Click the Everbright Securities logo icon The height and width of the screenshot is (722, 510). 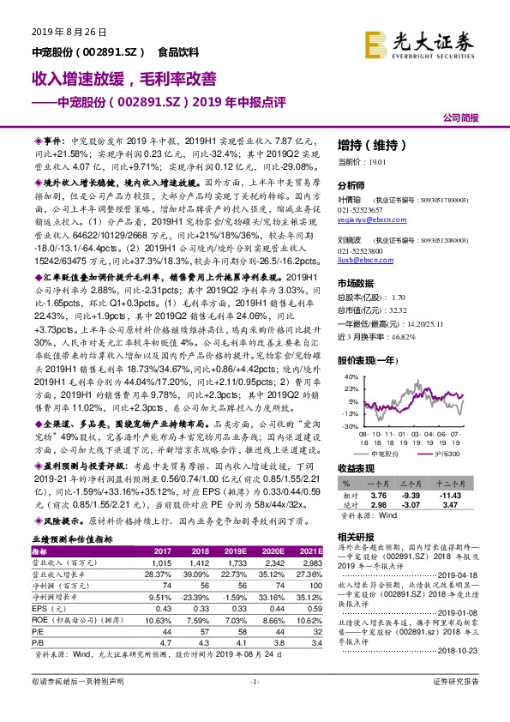[x=375, y=42]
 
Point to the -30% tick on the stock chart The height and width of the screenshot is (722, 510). [x=350, y=426]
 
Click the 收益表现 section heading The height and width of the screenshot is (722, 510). [x=358, y=469]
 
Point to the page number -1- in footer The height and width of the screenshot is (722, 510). [x=254, y=705]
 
